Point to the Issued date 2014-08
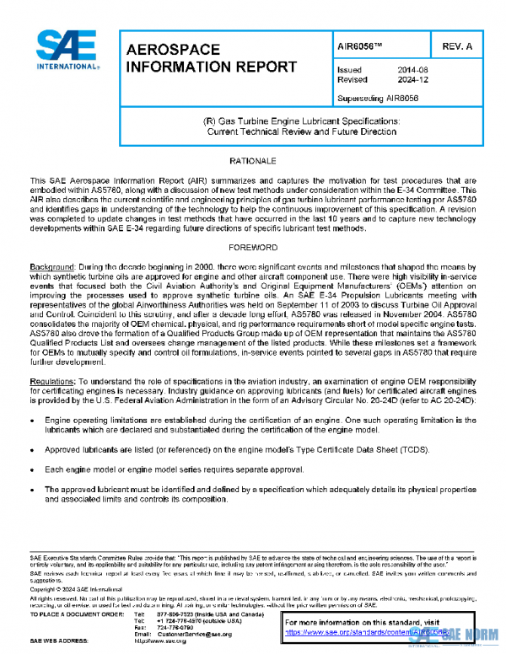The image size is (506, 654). [408, 70]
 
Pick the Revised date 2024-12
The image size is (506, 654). [408, 80]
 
